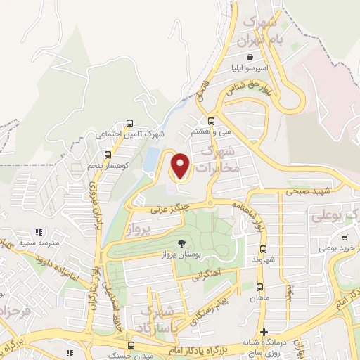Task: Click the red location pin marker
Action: pos(181,166)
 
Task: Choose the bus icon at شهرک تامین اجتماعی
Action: pos(129,124)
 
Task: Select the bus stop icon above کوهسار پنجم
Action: pos(107,155)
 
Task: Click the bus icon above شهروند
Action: pos(262,249)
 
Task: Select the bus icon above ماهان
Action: pos(259,287)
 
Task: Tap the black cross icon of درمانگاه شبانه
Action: pos(264,332)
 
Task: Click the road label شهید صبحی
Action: pos(304,191)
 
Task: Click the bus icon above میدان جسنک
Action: pos(131,345)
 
